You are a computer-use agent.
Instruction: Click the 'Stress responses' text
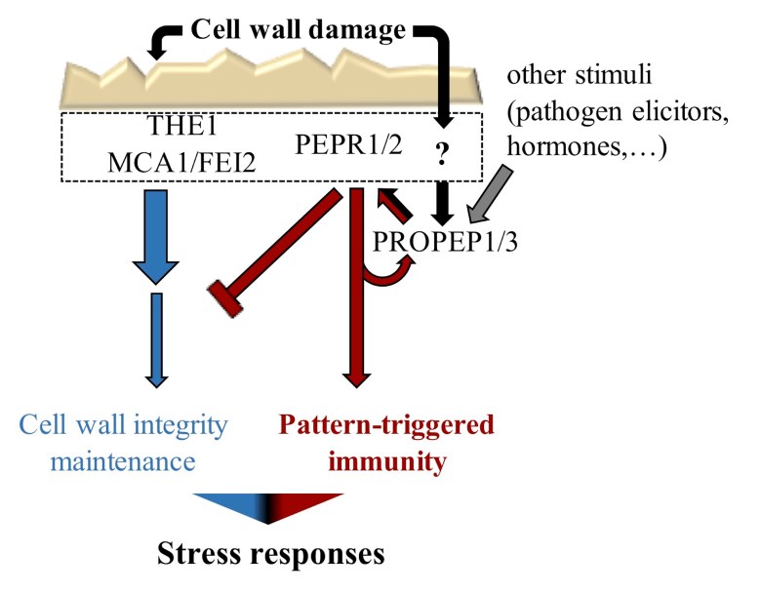coord(270,554)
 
